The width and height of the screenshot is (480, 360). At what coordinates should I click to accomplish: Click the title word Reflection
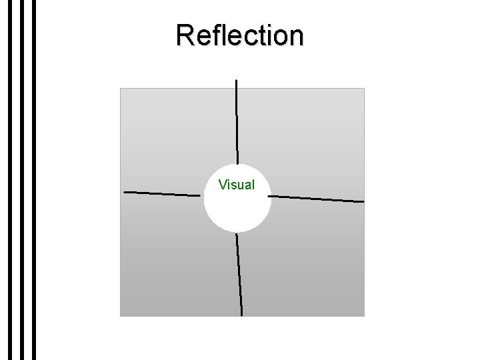pyautogui.click(x=240, y=35)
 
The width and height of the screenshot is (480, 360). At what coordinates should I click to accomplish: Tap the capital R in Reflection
pyautogui.click(x=185, y=35)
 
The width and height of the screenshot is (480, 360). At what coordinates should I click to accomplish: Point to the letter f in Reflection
pyautogui.click(x=211, y=35)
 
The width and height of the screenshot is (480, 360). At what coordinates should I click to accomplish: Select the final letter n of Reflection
pyautogui.click(x=295, y=37)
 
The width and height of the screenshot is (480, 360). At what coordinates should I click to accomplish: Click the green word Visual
pyautogui.click(x=237, y=184)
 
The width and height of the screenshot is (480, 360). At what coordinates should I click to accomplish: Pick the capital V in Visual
pyautogui.click(x=223, y=184)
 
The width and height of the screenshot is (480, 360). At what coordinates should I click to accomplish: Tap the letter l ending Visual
pyautogui.click(x=253, y=184)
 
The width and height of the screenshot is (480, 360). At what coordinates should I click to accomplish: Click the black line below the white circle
pyautogui.click(x=239, y=273)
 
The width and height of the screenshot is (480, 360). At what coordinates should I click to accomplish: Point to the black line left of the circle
pyautogui.click(x=162, y=194)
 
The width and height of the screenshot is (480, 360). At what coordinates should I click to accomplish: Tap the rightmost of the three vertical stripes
pyautogui.click(x=32, y=180)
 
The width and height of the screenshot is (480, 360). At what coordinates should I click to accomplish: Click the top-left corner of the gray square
pyautogui.click(x=121, y=89)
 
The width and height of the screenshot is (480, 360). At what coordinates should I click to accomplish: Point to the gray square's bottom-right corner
pyautogui.click(x=363, y=315)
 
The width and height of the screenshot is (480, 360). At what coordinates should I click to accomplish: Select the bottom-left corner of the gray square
pyautogui.click(x=121, y=315)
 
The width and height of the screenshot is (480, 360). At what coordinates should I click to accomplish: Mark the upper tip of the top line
pyautogui.click(x=236, y=80)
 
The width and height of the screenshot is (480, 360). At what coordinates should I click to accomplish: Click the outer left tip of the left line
pyautogui.click(x=125, y=193)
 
